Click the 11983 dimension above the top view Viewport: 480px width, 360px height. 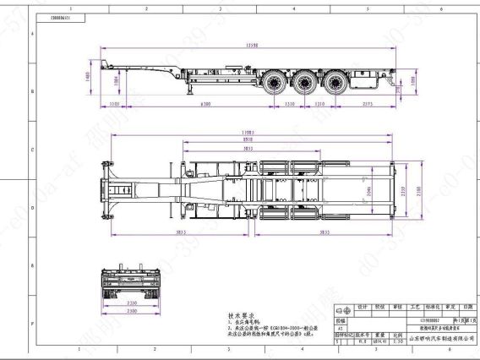tap(248, 133)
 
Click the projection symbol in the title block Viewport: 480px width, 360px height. tap(345, 342)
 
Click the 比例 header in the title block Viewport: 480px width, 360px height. tap(398, 334)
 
